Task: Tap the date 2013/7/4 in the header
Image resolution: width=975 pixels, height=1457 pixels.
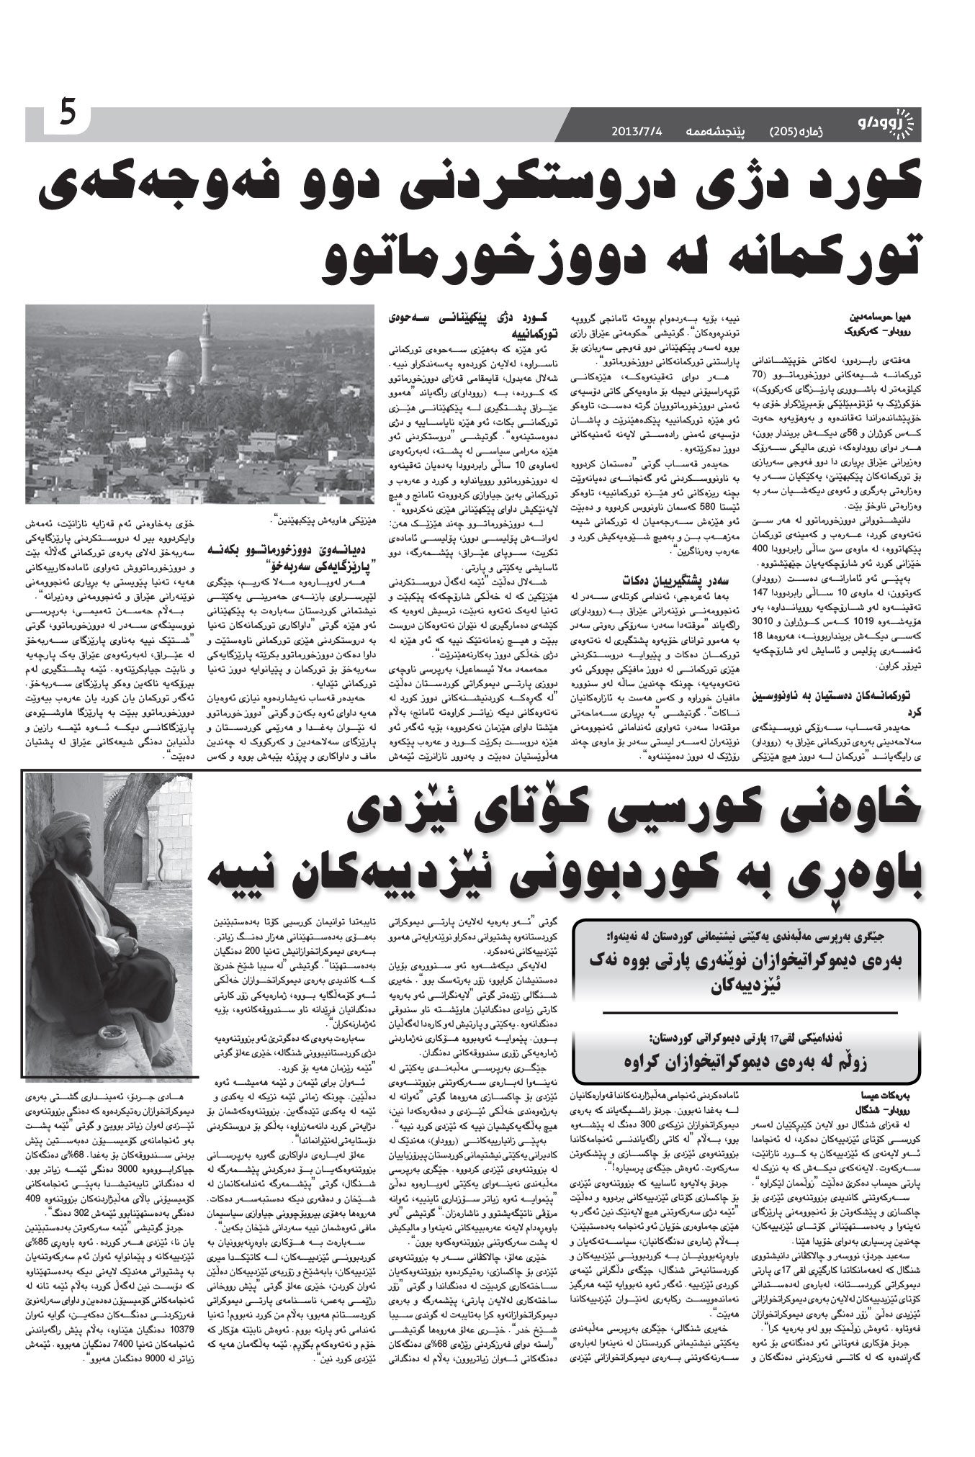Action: point(637,130)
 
